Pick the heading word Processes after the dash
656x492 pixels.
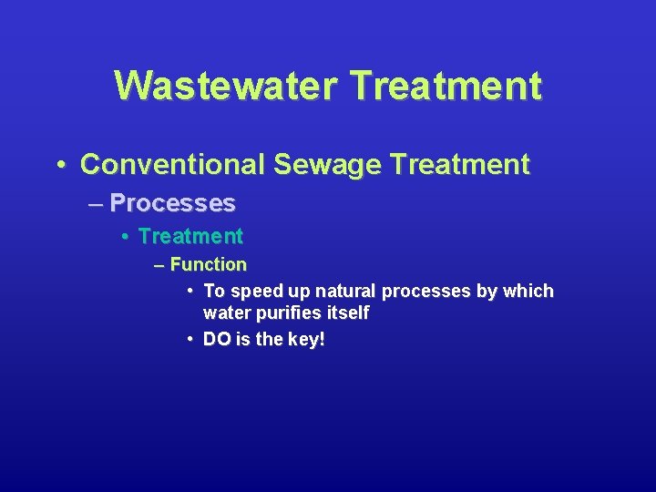tap(172, 203)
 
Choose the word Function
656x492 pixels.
tap(209, 265)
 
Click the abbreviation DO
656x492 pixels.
tap(217, 340)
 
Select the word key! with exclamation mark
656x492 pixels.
tap(306, 340)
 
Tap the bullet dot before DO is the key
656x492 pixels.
tap(190, 339)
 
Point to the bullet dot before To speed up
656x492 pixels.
tap(190, 291)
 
